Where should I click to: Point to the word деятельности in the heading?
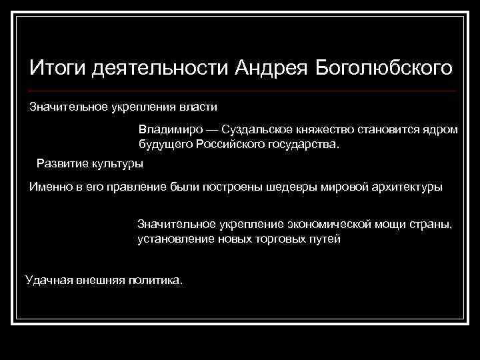pyautogui.click(x=159, y=69)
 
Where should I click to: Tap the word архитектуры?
pyautogui.click(x=410, y=187)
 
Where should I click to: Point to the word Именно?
pyautogui.click(x=49, y=187)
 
